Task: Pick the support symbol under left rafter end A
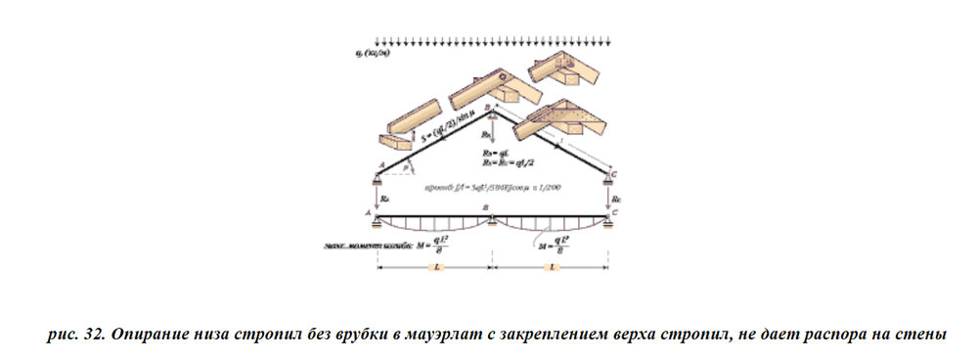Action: [x=378, y=177]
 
